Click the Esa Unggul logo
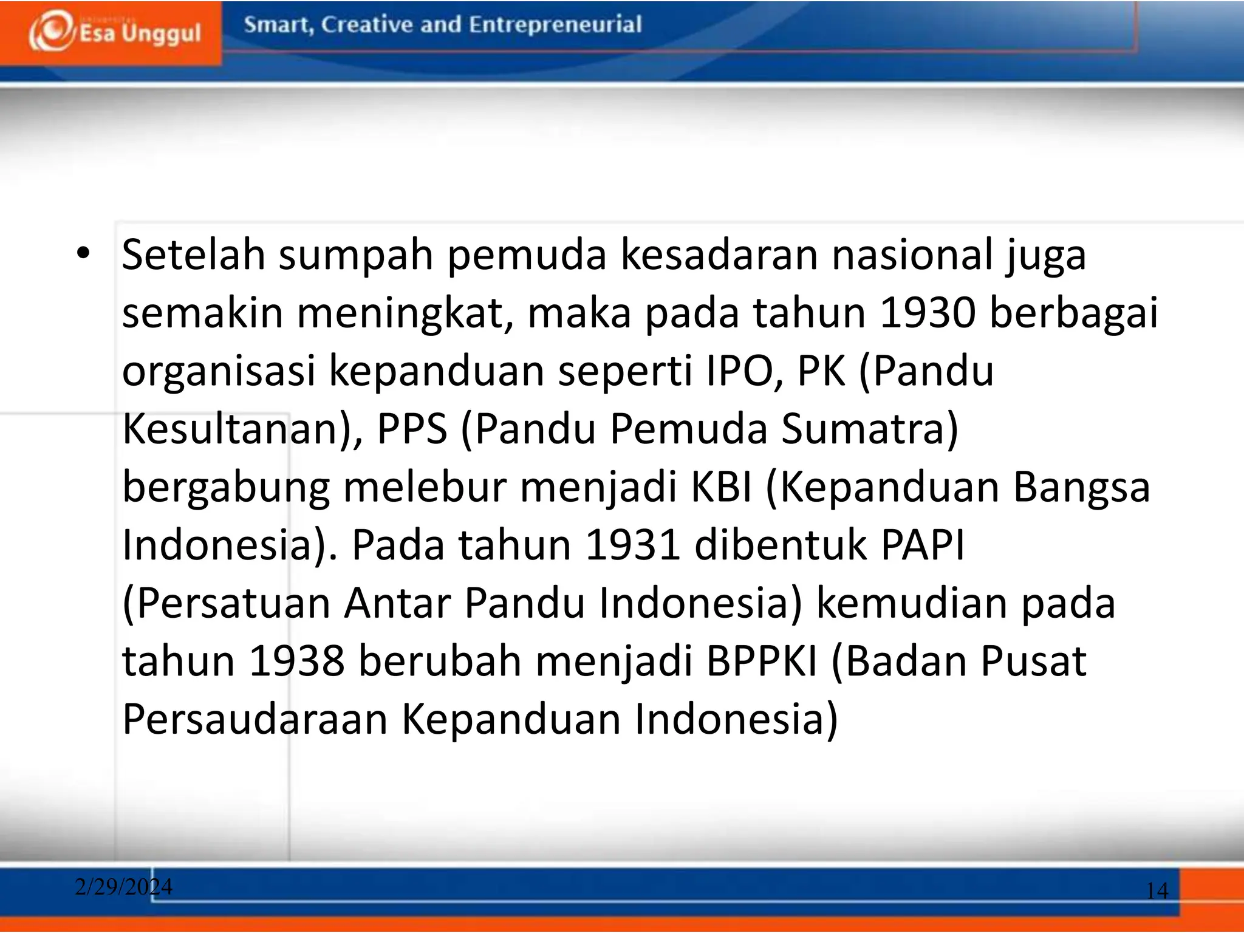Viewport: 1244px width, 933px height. tap(114, 32)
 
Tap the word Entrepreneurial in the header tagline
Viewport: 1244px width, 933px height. tap(555, 25)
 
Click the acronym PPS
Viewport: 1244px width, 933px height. tap(412, 428)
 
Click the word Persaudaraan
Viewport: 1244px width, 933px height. tap(255, 719)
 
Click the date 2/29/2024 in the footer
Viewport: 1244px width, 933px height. tap(123, 887)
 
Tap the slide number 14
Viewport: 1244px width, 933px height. tap(1157, 890)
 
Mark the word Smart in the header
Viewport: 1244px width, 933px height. tap(278, 25)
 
